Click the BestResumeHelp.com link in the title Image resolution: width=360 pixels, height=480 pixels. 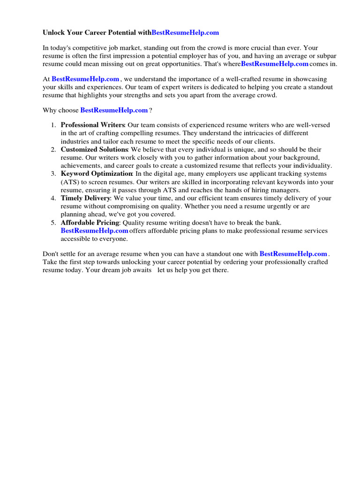pyautogui.click(x=185, y=33)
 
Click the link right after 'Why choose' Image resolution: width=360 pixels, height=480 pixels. pyautogui.click(x=114, y=110)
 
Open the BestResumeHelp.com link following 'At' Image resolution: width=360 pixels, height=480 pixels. pyautogui.click(x=85, y=79)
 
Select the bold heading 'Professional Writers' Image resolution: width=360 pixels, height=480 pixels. pyautogui.click(x=92, y=125)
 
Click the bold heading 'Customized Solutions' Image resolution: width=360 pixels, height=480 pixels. pyautogui.click(x=94, y=150)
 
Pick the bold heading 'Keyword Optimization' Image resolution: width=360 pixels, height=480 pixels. pyautogui.click(x=96, y=174)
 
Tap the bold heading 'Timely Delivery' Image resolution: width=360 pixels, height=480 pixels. pyautogui.click(x=85, y=198)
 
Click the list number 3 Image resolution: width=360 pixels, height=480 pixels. pyautogui.click(x=53, y=174)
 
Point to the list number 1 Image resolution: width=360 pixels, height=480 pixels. pyautogui.click(x=53, y=125)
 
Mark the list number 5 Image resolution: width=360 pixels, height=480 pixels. pyautogui.click(x=53, y=223)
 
